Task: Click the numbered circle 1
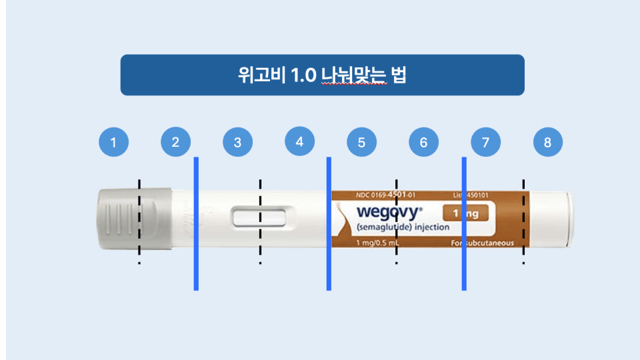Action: click(x=113, y=142)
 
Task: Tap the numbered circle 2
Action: click(x=176, y=142)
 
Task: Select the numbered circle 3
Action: click(x=238, y=142)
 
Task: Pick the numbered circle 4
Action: click(x=299, y=141)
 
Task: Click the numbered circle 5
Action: click(x=362, y=142)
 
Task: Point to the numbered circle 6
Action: click(x=424, y=142)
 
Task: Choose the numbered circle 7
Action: click(x=485, y=142)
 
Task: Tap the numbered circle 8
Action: click(x=548, y=142)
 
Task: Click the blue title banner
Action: click(x=322, y=75)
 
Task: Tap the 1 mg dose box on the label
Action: click(x=465, y=213)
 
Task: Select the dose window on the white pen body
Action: click(x=259, y=218)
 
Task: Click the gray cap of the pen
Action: click(x=134, y=219)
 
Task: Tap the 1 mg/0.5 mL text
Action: click(x=378, y=243)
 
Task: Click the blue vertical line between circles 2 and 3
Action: click(x=196, y=223)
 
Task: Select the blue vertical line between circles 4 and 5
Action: click(x=329, y=223)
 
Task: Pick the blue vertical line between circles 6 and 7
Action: click(x=464, y=223)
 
